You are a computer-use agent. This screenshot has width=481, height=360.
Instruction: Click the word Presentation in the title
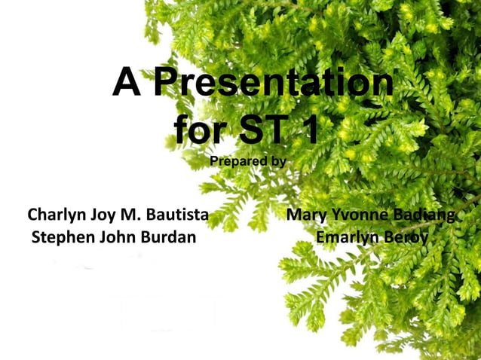274,84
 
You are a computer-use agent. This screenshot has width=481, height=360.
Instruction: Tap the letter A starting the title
127,84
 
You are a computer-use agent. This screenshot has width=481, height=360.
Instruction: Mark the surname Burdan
167,239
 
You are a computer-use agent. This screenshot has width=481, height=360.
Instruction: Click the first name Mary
306,217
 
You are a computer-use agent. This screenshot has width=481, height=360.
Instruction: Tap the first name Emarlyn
346,239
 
